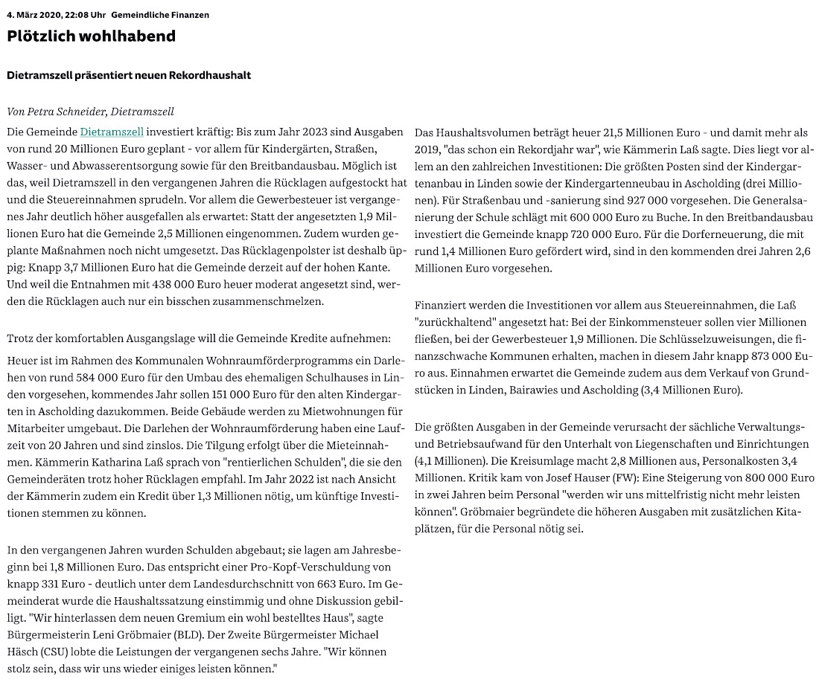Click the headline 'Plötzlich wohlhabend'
point(92,36)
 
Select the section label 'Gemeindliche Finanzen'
point(160,15)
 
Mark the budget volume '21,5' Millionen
point(573,132)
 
